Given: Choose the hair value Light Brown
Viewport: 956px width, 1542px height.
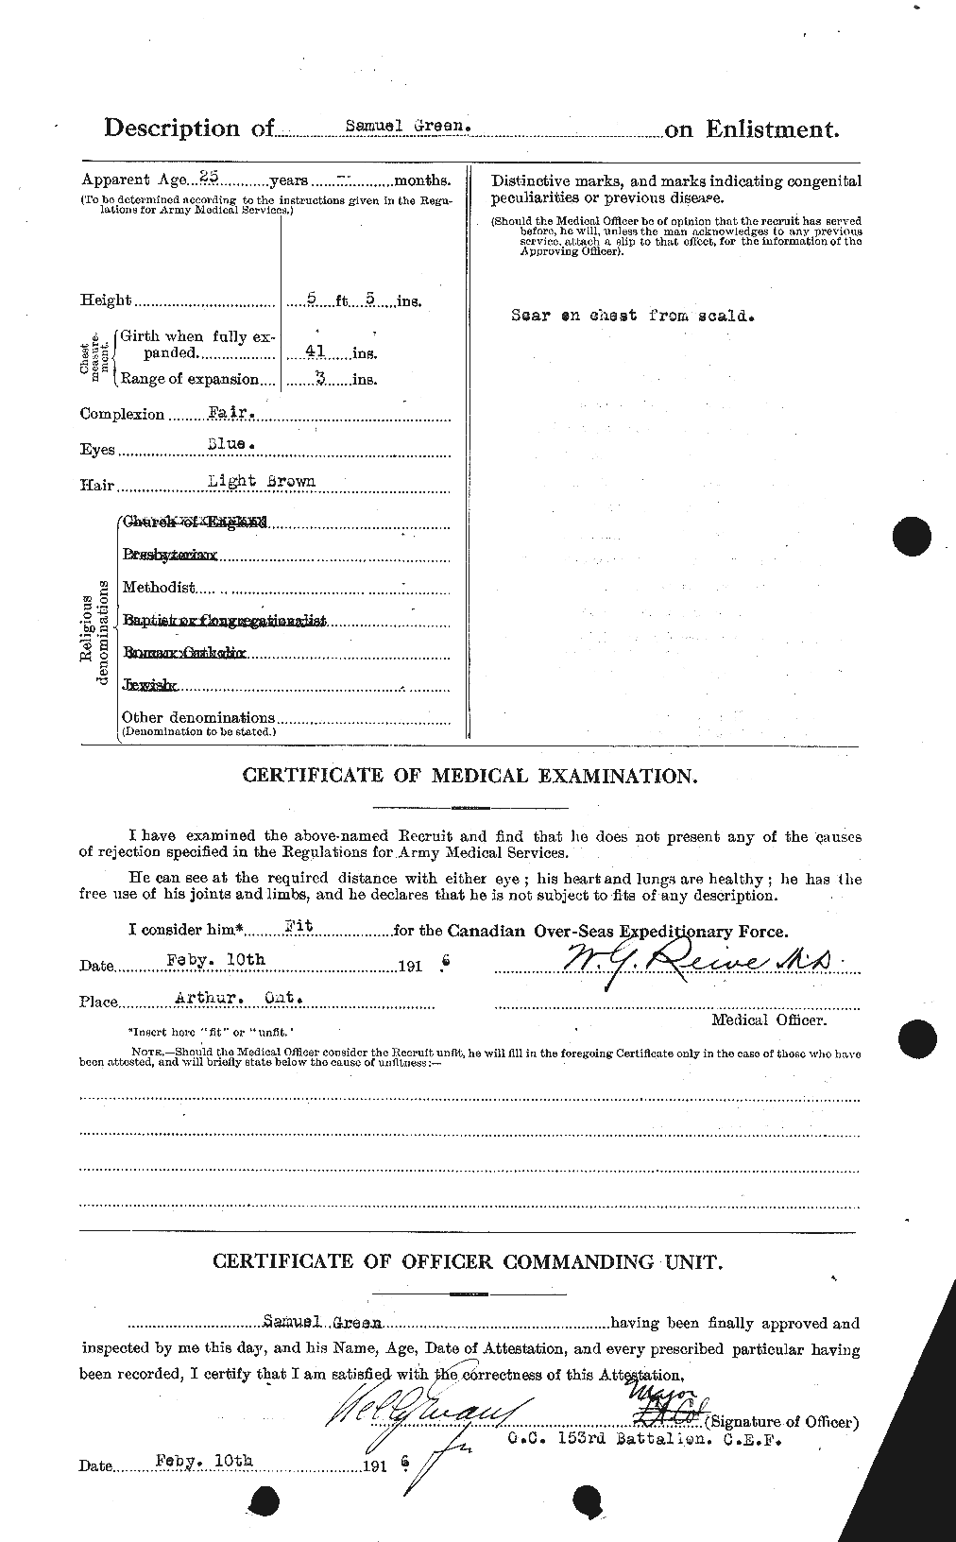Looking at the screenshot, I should (x=262, y=481).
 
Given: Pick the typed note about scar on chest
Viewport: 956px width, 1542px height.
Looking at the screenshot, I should (x=632, y=316).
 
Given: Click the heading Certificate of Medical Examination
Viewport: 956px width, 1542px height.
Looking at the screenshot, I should (x=469, y=776).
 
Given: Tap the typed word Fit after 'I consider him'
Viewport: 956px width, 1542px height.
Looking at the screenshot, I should (x=299, y=928).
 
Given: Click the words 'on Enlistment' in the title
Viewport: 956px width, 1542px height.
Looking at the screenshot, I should (x=751, y=130).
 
